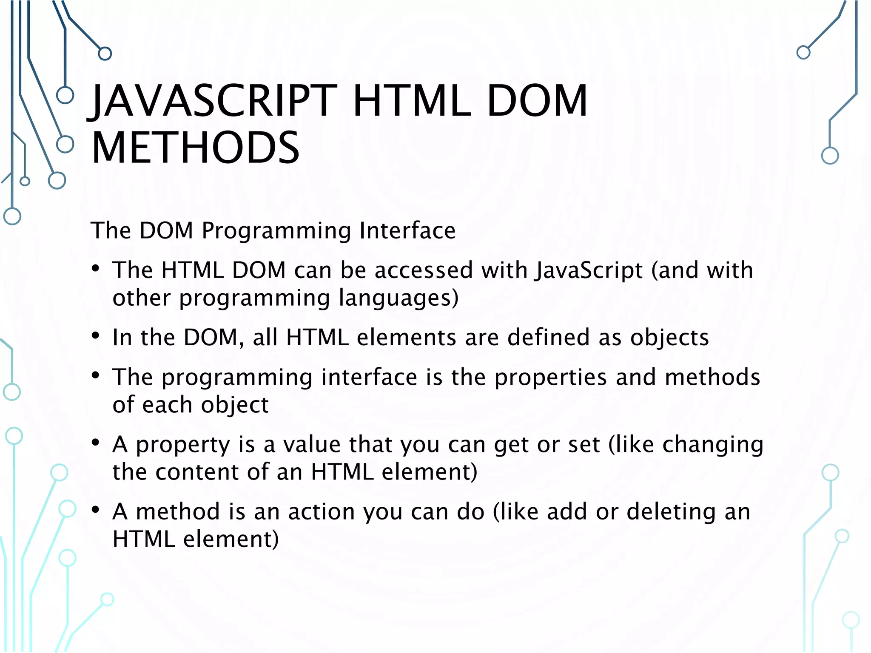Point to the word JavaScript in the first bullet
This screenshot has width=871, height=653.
pos(589,271)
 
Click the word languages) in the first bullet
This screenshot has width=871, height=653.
pos(398,298)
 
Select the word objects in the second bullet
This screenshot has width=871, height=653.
pos(669,338)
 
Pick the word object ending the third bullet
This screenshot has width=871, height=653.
pos(235,405)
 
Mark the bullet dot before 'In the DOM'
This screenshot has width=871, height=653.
pos(96,336)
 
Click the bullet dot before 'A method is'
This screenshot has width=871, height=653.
pos(96,510)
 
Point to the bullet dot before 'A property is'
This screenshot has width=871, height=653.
pos(96,443)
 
